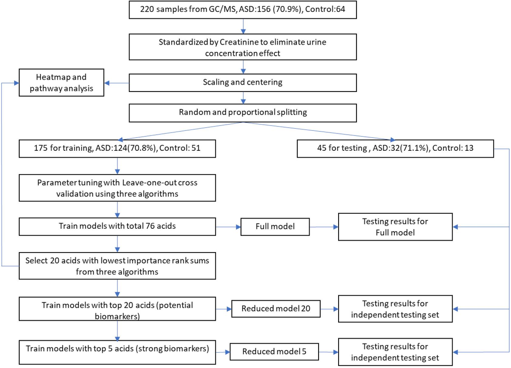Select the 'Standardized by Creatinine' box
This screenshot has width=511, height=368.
[x=242, y=47]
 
